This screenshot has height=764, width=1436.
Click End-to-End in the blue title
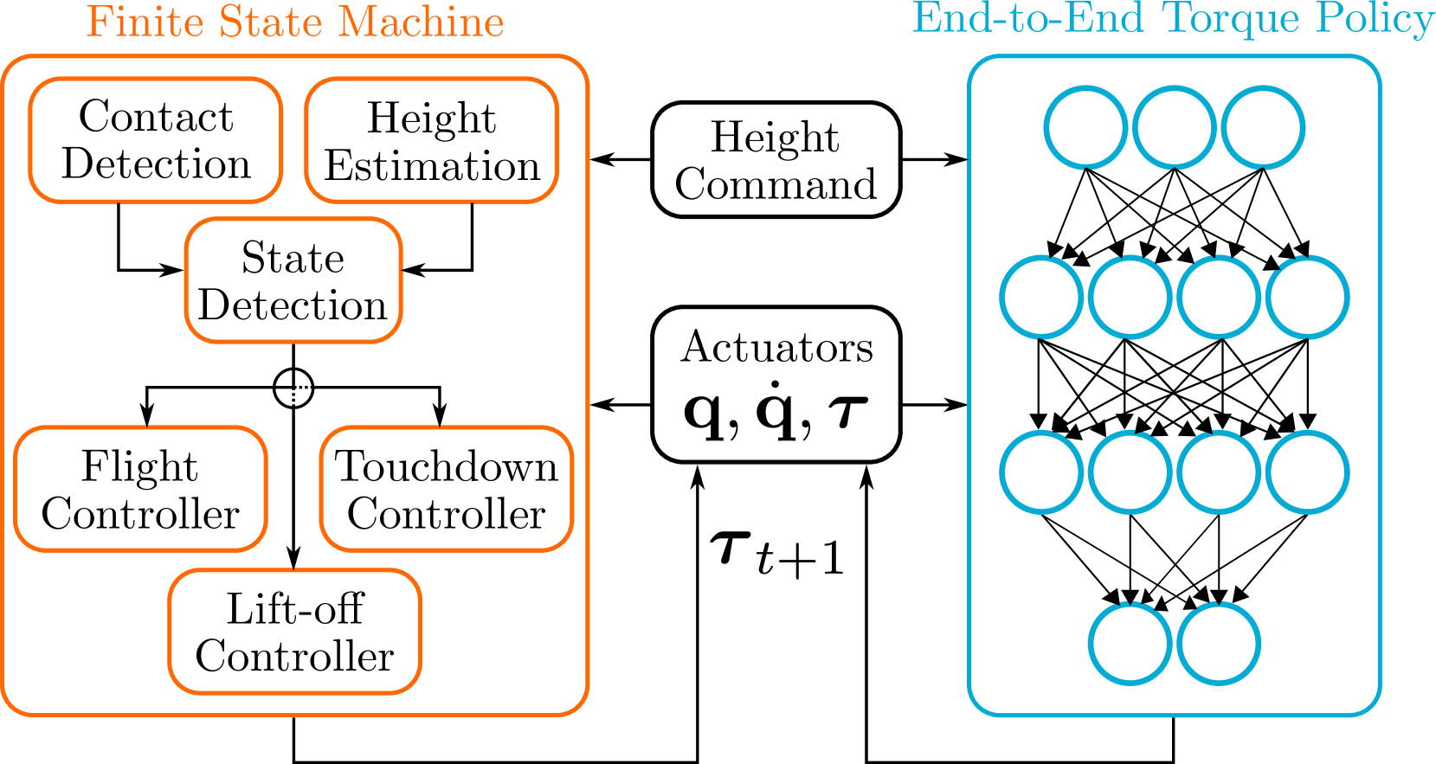coord(1028,19)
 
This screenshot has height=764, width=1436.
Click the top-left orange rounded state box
coord(156,140)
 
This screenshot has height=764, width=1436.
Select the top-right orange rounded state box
coord(432,140)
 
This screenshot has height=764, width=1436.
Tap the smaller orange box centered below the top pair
coord(293,280)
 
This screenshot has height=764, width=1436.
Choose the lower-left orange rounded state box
coord(140,489)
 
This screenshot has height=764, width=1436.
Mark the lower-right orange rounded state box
coord(447,489)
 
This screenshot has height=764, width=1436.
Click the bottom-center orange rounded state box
coord(294,632)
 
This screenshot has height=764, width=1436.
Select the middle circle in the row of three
coord(1175,127)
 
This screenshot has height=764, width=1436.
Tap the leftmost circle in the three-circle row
coord(1085,127)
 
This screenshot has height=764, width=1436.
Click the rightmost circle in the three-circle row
coord(1263,127)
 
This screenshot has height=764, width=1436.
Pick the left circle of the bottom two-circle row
coord(1130,644)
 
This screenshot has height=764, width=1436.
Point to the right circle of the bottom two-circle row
coord(1219,644)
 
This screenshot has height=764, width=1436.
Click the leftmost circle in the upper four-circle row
coord(1042,298)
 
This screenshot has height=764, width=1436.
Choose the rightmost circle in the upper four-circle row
coord(1307,298)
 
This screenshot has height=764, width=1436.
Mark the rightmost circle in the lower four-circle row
coord(1307,472)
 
